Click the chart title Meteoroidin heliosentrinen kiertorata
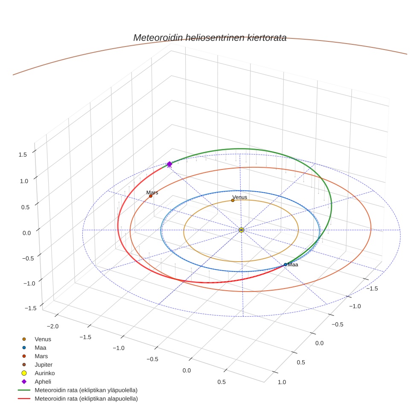pyautogui.click(x=210, y=38)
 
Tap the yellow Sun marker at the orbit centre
pyautogui.click(x=241, y=230)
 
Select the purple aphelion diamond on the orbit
pyautogui.click(x=169, y=164)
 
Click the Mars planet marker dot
pyautogui.click(x=151, y=196)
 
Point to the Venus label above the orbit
pyautogui.click(x=239, y=197)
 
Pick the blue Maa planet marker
pyautogui.click(x=286, y=265)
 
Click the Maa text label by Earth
pyautogui.click(x=293, y=265)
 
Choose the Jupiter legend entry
pyautogui.click(x=43, y=365)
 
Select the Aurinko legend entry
pyautogui.click(x=44, y=373)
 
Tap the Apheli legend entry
pyautogui.click(x=43, y=382)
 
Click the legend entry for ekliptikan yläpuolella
pyautogui.click(x=86, y=390)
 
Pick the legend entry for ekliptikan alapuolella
pyautogui.click(x=86, y=399)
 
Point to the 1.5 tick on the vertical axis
pyautogui.click(x=23, y=155)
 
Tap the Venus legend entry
pyautogui.click(x=43, y=339)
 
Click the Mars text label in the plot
pyautogui.click(x=152, y=192)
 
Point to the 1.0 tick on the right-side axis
pyautogui.click(x=282, y=382)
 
